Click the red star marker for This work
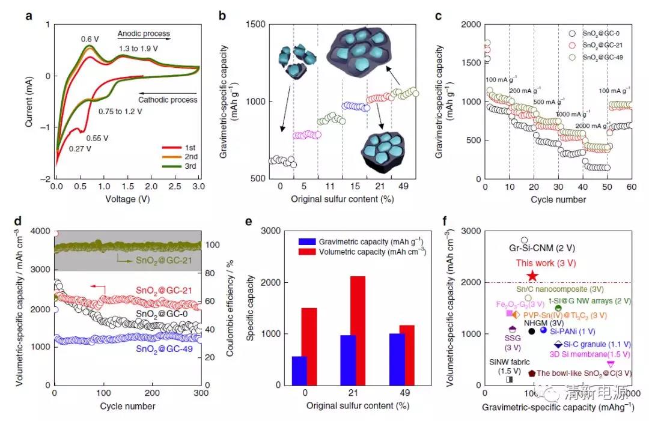pos(532,276)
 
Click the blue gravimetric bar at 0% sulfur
pos(299,371)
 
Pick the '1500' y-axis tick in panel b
pos(255,25)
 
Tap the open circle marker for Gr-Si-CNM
pos(524,240)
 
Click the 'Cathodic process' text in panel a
pos(169,100)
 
